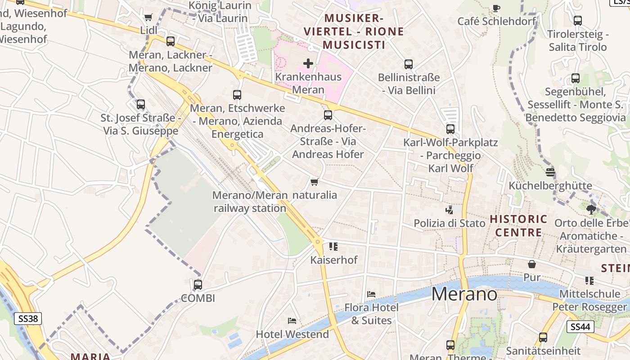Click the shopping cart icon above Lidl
(148, 18)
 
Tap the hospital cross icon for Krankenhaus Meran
(308, 63)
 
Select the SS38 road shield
(28, 319)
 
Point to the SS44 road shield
(580, 327)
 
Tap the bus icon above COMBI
(198, 285)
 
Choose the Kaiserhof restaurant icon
(333, 247)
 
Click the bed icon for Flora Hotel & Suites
(371, 294)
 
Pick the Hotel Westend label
(292, 334)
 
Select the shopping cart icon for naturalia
(315, 182)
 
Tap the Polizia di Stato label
(450, 223)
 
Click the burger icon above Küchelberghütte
(550, 172)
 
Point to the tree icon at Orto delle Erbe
(591, 209)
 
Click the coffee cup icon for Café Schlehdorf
(496, 8)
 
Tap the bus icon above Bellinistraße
(409, 64)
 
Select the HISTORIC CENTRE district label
(518, 226)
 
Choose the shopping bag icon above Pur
(532, 264)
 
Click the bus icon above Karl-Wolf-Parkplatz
(450, 129)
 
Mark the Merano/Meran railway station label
(250, 202)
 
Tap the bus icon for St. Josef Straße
(141, 104)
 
